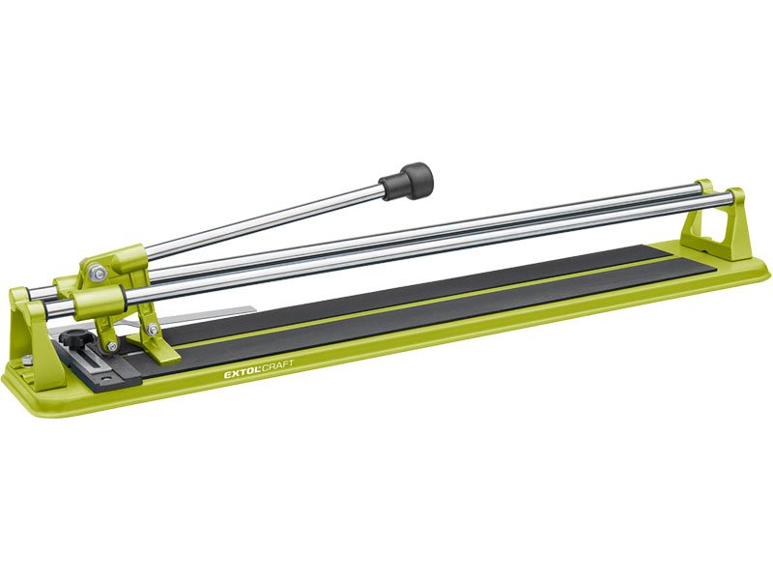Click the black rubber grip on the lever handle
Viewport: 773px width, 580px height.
pyautogui.click(x=407, y=181)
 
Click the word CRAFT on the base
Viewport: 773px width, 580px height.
pyautogui.click(x=278, y=366)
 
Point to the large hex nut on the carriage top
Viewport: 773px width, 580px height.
pyautogui.click(x=99, y=273)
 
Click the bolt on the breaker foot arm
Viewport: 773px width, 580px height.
pyautogui.click(x=154, y=330)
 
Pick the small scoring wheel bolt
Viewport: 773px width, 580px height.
pyautogui.click(x=112, y=346)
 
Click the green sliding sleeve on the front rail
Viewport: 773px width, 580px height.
pyautogui.click(x=99, y=303)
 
